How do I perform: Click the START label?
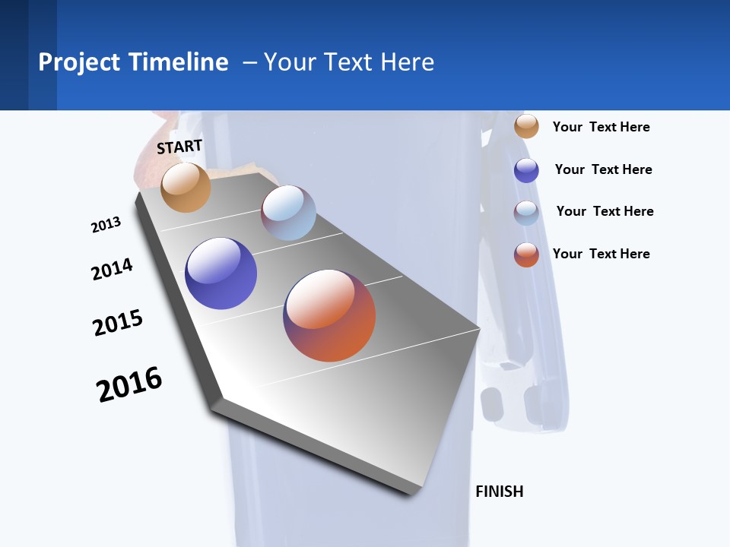[179, 147]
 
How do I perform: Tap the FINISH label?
[499, 492]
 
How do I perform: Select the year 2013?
[106, 225]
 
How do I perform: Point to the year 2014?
[112, 269]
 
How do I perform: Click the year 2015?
[118, 323]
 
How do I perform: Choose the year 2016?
[129, 384]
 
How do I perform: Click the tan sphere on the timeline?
[186, 187]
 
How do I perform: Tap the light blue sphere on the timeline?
[288, 213]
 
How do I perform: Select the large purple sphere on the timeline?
[221, 273]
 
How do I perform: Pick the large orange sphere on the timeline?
[329, 315]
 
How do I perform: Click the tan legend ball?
[526, 126]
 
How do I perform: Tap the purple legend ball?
[526, 170]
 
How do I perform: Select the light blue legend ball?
[526, 213]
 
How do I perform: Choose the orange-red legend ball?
[526, 255]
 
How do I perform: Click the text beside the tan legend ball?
[601, 127]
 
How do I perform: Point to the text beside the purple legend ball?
[603, 169]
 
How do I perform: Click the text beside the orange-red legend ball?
[601, 254]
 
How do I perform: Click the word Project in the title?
[79, 62]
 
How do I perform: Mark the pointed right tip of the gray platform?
[479, 329]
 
